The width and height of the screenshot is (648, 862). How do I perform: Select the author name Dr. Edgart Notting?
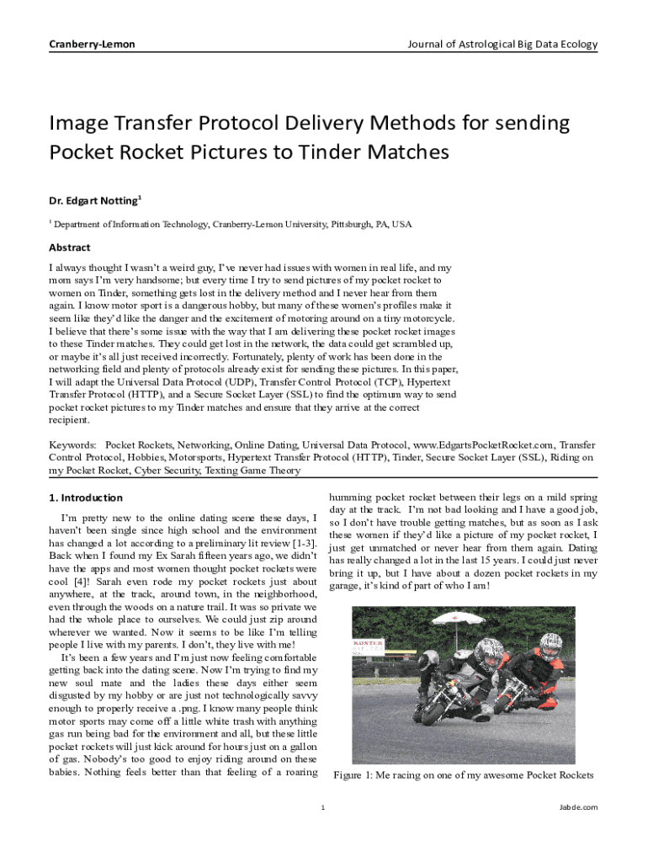click(94, 200)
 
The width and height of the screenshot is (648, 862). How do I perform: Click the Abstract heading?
click(69, 247)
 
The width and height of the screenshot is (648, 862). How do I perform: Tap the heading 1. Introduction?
click(86, 498)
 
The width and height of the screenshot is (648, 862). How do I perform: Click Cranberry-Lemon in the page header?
click(92, 45)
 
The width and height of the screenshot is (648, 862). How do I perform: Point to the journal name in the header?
click(502, 45)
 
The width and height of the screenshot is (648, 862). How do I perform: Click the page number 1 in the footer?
click(324, 807)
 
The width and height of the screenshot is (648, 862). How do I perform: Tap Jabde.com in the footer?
click(578, 807)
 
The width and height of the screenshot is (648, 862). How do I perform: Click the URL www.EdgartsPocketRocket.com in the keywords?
click(483, 444)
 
